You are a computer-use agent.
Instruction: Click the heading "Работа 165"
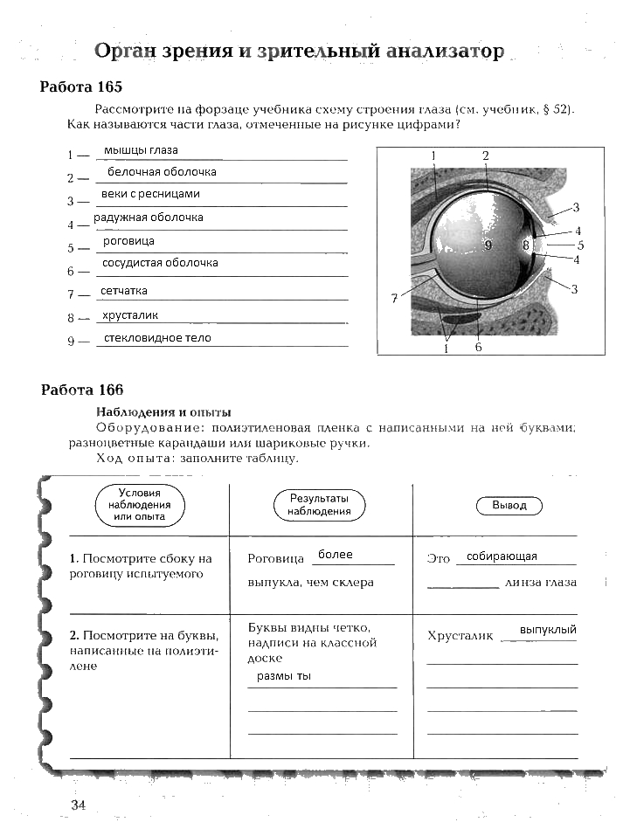[81, 87]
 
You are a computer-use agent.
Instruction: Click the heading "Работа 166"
[82, 390]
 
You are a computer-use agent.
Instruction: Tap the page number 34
[78, 805]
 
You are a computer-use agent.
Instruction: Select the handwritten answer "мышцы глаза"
[141, 150]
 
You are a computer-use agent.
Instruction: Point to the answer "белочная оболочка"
[162, 172]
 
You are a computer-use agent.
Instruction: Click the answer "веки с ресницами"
[151, 194]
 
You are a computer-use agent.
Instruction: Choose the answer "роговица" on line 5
[128, 240]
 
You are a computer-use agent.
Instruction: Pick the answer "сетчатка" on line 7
[124, 290]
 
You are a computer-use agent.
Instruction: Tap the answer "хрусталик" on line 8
[130, 315]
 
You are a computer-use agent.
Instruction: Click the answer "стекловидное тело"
[157, 338]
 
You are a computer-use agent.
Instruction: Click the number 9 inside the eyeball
[488, 245]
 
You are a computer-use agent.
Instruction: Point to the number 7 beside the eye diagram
[394, 299]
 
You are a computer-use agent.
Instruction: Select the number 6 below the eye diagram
[478, 347]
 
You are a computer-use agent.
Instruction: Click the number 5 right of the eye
[580, 245]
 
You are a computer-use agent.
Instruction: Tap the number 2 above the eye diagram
[485, 155]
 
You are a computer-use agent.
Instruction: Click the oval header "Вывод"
[509, 506]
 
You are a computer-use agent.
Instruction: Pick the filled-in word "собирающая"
[502, 556]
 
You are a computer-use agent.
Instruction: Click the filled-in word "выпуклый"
[548, 629]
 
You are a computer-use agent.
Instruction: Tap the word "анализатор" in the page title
[446, 52]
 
